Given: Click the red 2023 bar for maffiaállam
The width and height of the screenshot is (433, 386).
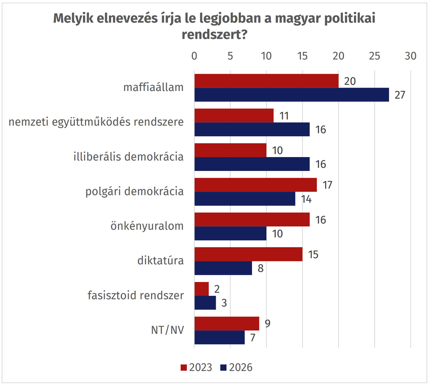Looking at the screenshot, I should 266,81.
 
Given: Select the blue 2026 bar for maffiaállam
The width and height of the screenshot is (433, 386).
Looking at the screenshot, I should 292,95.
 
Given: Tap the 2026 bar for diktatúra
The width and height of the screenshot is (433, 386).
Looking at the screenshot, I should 223,268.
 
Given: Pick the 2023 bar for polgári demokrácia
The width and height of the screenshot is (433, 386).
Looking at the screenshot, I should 255,185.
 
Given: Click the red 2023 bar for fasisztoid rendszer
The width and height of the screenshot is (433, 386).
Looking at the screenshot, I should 202,289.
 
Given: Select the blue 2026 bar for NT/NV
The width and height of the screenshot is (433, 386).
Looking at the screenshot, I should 220,337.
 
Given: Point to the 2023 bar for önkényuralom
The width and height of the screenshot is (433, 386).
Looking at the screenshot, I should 252,220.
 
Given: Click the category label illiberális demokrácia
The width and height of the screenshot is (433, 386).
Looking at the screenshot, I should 128,157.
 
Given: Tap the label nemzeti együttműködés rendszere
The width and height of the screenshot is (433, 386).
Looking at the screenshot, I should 96,122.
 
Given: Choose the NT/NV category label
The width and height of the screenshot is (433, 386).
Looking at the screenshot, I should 167,330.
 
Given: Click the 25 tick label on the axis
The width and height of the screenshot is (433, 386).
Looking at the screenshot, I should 374,56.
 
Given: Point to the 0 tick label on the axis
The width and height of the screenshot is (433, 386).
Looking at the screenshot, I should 194,56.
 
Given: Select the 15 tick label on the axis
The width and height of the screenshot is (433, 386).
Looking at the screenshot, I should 302,56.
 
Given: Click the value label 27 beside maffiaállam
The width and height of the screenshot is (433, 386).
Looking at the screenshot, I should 400,95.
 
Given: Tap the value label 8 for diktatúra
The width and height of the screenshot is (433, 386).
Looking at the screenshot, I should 260,268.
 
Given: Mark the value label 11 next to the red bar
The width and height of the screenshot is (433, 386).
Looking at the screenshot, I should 284,116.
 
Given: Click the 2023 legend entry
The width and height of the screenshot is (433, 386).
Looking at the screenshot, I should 197,367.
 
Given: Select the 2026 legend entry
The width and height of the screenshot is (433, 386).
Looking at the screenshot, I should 237,367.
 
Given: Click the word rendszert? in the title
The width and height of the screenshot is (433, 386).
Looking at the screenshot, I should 214,35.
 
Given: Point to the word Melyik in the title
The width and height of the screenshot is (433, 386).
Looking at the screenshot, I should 73,19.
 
